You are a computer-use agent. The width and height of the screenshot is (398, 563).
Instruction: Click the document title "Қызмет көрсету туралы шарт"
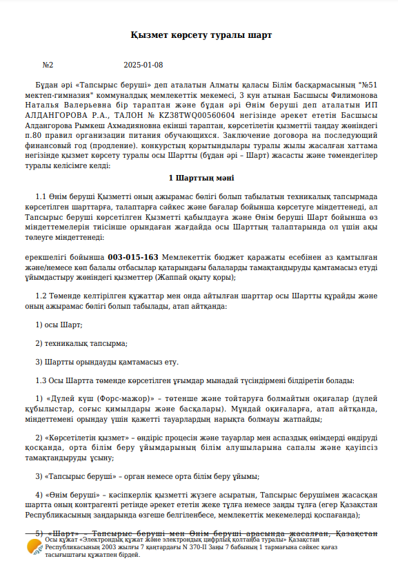[201, 34]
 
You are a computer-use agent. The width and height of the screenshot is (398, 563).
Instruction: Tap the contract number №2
[48, 65]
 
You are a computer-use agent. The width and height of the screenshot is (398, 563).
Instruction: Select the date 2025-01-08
[143, 65]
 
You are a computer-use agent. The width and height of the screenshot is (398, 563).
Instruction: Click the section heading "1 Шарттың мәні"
[201, 178]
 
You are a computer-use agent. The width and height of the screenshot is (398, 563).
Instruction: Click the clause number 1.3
[41, 380]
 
